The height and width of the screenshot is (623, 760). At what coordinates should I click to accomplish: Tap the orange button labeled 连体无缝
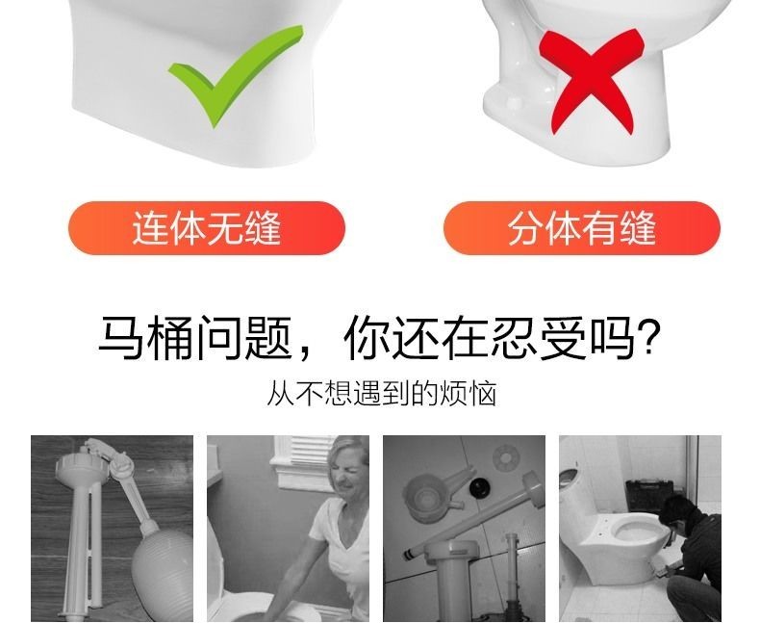[206, 229]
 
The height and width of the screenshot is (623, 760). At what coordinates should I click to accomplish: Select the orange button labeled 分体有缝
[581, 229]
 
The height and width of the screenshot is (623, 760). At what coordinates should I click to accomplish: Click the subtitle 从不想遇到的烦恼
[381, 394]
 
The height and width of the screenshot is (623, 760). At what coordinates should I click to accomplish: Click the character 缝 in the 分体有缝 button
[635, 229]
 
